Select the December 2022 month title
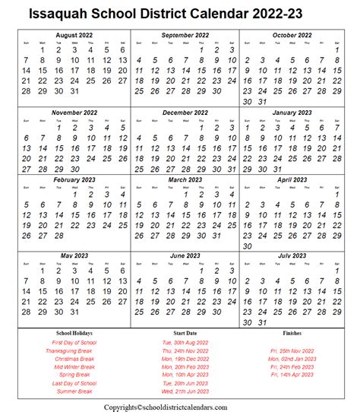click(x=186, y=112)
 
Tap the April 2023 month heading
click(x=294, y=179)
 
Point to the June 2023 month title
click(x=186, y=255)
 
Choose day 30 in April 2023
click(x=247, y=246)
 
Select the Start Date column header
click(x=185, y=333)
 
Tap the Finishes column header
click(x=292, y=333)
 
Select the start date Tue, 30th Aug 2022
click(x=185, y=343)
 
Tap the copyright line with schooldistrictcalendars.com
click(x=185, y=405)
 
